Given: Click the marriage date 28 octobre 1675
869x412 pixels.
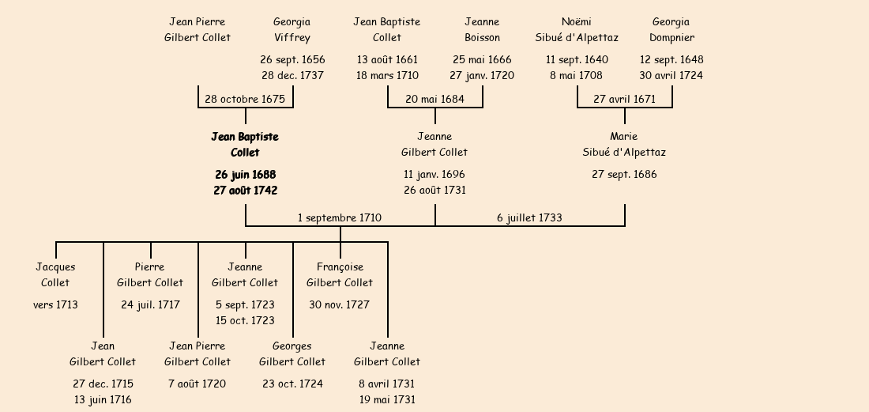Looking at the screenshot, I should pos(245,99).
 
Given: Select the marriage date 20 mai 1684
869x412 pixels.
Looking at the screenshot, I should pos(434,99).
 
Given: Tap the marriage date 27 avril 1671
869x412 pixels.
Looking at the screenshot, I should pos(624,99).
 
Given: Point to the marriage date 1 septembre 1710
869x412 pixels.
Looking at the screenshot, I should pos(340,217).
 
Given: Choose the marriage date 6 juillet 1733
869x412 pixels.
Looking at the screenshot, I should pos(529,217).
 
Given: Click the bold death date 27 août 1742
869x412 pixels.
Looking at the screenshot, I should pos(245,190).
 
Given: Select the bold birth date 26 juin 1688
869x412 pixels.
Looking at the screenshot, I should pos(245,174).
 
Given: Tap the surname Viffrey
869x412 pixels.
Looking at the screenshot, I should pos(292,37).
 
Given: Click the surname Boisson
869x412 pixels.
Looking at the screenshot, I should pos(482,37).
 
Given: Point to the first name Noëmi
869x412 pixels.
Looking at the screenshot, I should pos(577,21).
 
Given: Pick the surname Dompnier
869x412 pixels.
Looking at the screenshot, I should pos(671,37).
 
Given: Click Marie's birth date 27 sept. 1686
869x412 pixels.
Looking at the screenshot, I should pos(624,174).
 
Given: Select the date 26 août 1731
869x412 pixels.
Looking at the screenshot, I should pos(434,190).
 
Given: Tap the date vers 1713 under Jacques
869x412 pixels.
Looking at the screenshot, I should pos(55,304).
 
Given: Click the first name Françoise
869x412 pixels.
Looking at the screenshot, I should pos(340,266).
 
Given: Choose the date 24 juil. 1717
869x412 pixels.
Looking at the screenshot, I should pos(150,304).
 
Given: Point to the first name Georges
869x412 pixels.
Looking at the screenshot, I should pos(292,346).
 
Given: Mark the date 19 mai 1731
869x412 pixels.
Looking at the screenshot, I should pos(387,399).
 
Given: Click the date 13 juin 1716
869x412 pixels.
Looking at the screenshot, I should pos(103,399).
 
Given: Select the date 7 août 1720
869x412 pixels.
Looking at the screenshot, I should pos(197,384).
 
